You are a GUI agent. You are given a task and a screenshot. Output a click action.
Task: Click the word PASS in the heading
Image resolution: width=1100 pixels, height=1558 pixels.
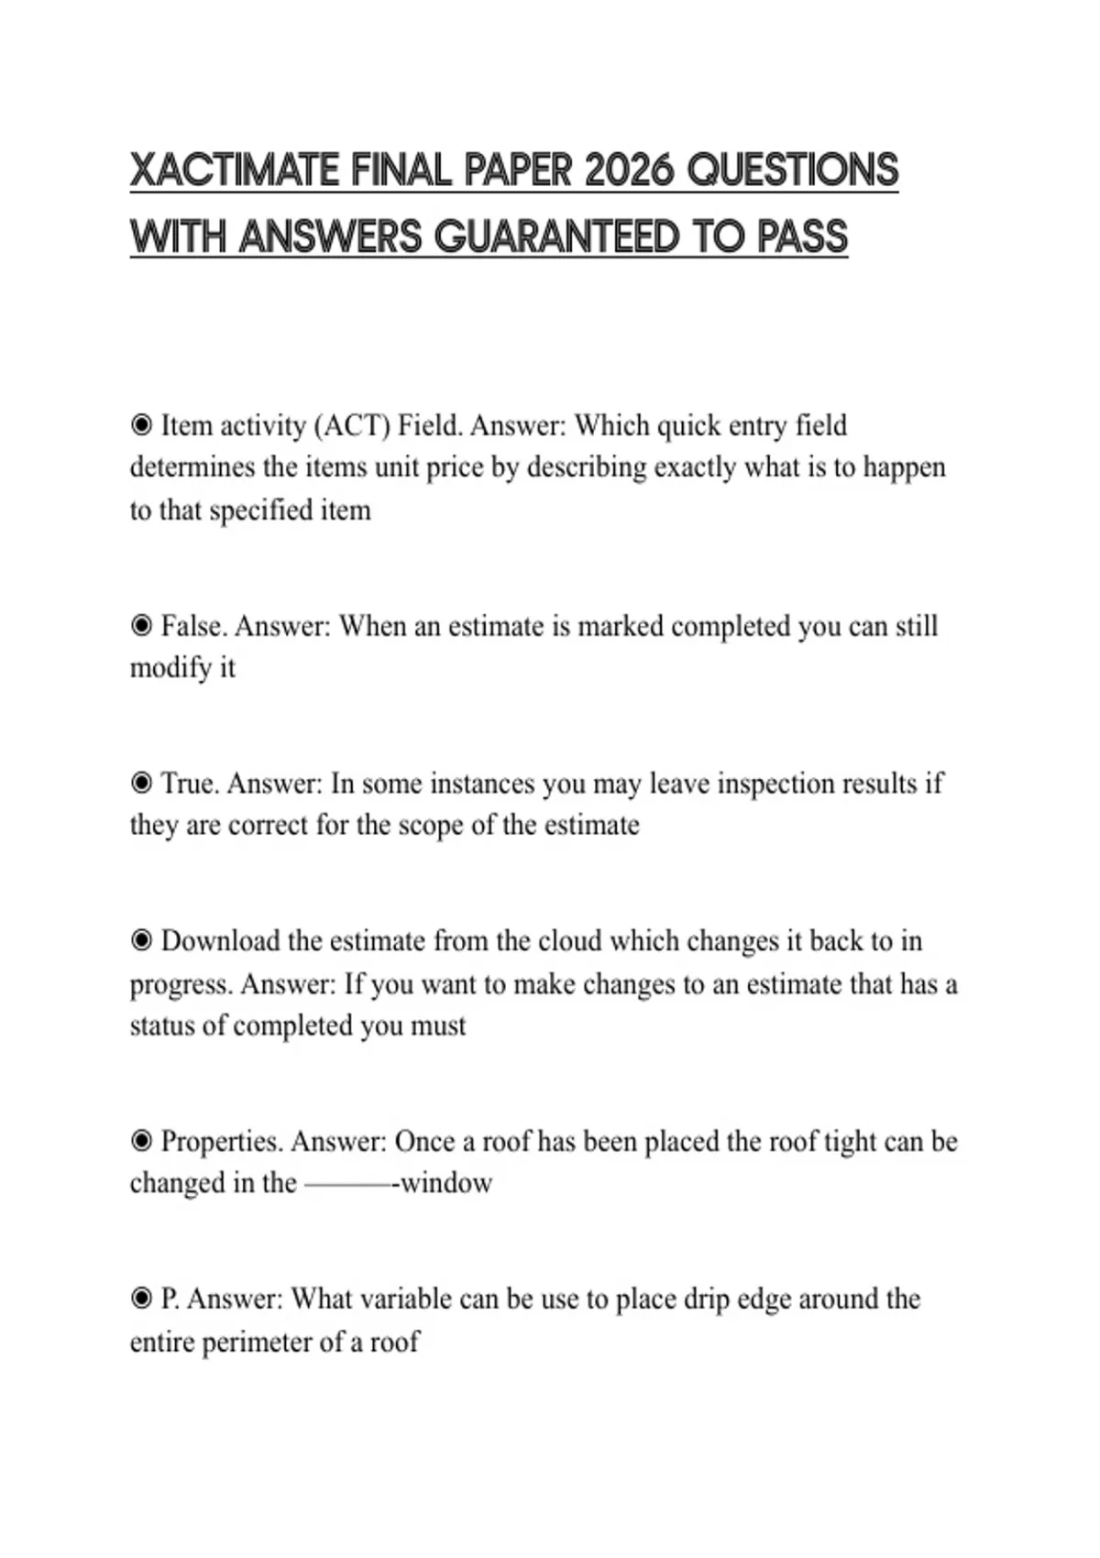click(802, 236)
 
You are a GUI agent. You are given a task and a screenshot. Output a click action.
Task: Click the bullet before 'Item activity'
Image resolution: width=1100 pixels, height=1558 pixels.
click(141, 425)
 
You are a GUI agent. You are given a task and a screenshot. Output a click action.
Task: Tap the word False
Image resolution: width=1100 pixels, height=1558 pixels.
click(194, 627)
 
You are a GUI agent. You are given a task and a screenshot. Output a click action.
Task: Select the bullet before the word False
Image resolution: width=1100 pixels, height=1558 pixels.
click(141, 626)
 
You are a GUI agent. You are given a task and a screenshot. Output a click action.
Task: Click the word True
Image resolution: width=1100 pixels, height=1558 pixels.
click(190, 784)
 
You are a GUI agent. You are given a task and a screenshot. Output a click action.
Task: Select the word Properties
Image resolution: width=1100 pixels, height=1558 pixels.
click(222, 1142)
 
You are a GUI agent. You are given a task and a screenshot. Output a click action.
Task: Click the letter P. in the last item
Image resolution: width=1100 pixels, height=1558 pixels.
click(170, 1300)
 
